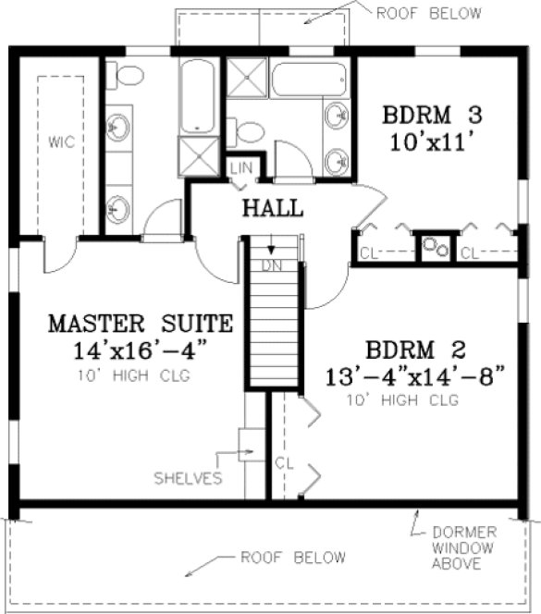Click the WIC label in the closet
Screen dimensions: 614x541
(61, 142)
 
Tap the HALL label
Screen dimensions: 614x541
(273, 208)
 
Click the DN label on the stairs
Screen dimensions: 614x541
(271, 264)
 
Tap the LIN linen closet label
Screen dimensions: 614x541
(240, 167)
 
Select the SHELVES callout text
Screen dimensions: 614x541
(189, 478)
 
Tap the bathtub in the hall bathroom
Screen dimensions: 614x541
(306, 82)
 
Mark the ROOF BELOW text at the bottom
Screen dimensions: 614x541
(293, 558)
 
